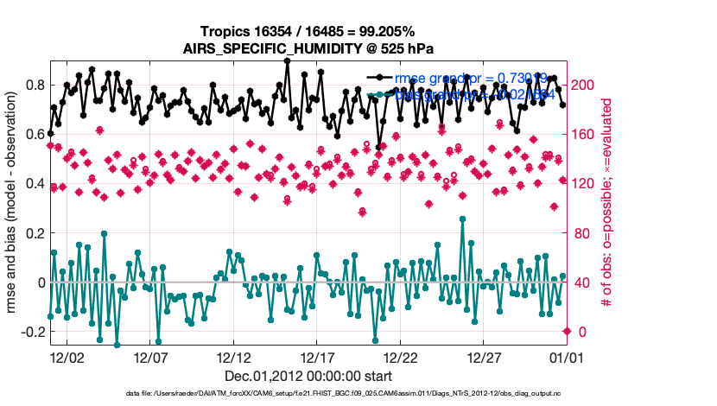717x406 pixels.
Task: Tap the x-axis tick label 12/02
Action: coord(67,357)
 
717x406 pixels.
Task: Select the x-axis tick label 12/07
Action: coord(149,357)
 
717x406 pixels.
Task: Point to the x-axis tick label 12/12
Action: coord(233,357)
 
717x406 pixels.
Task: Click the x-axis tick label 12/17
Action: coord(317,357)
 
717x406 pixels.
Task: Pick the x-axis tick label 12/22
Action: coord(401,357)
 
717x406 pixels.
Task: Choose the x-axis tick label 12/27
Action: coord(484,357)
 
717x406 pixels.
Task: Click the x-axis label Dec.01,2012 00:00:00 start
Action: coord(308,376)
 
